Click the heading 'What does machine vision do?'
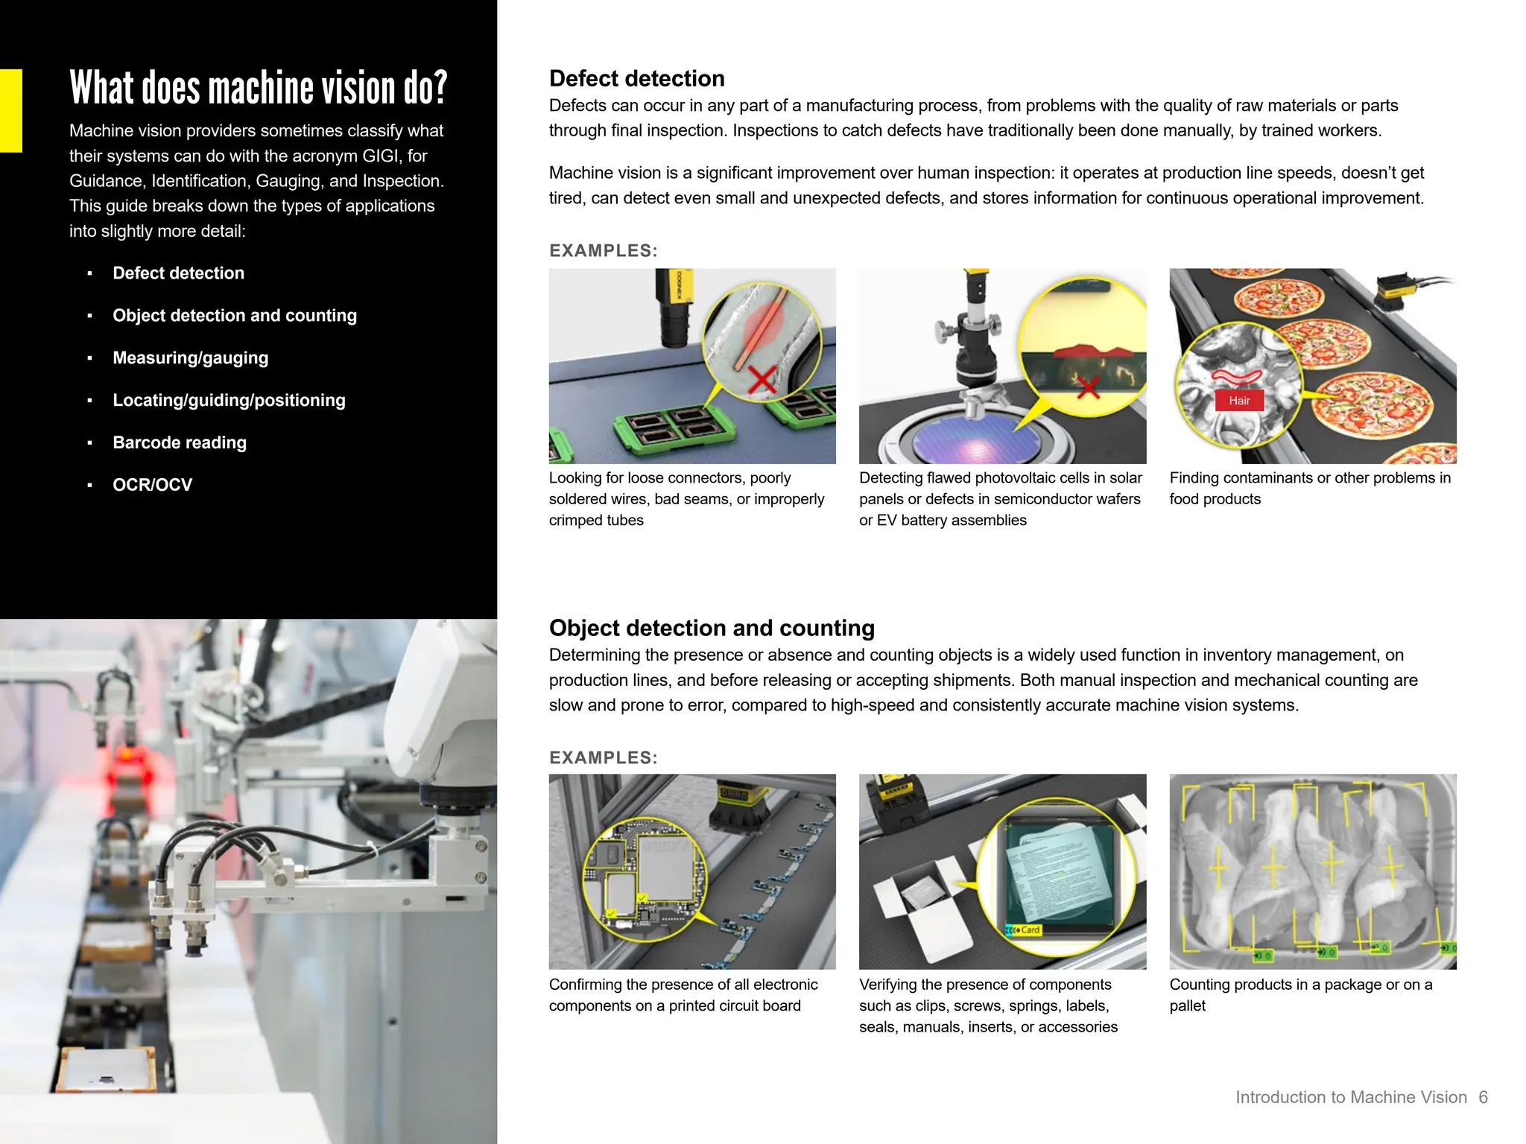(x=258, y=88)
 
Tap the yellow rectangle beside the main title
(x=10, y=110)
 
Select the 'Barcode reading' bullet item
(x=179, y=442)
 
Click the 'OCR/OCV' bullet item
(x=152, y=485)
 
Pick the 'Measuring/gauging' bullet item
(x=190, y=357)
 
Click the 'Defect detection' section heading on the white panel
(x=636, y=78)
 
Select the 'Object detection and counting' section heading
(x=711, y=628)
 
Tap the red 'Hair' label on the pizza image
(x=1239, y=401)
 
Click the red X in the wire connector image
(x=762, y=379)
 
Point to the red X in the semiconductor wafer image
(x=1088, y=387)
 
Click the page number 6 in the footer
(x=1483, y=1097)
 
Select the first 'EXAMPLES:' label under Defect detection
(x=603, y=251)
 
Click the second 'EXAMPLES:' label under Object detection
(x=603, y=757)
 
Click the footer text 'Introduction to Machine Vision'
(x=1350, y=1097)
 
